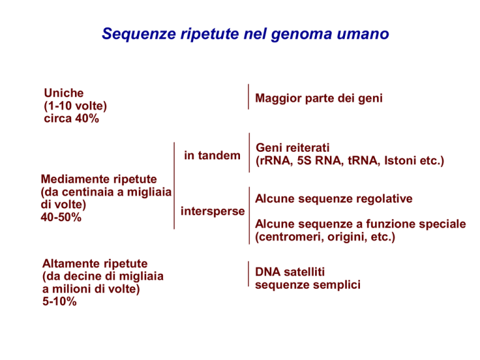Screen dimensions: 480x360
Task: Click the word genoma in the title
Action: [301, 34]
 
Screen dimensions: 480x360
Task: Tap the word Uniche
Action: [64, 93]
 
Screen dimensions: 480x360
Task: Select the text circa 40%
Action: [71, 119]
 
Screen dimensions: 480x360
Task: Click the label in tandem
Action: [212, 156]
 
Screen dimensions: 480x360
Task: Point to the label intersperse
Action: [212, 211]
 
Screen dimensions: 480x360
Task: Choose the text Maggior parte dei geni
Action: [319, 99]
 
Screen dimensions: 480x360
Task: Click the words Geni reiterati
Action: [292, 148]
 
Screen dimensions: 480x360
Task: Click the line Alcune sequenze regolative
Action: [334, 199]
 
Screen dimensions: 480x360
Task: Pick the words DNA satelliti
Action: [290, 272]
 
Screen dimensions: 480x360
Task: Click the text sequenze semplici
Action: [307, 285]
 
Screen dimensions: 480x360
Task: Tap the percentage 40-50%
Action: [61, 217]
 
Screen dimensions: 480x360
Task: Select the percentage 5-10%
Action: [59, 301]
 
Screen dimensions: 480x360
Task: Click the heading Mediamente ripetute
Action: [99, 179]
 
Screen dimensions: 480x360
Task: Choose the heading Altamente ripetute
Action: [95, 264]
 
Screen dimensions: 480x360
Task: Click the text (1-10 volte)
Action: [75, 106]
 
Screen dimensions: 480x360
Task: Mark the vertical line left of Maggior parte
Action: [248, 96]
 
